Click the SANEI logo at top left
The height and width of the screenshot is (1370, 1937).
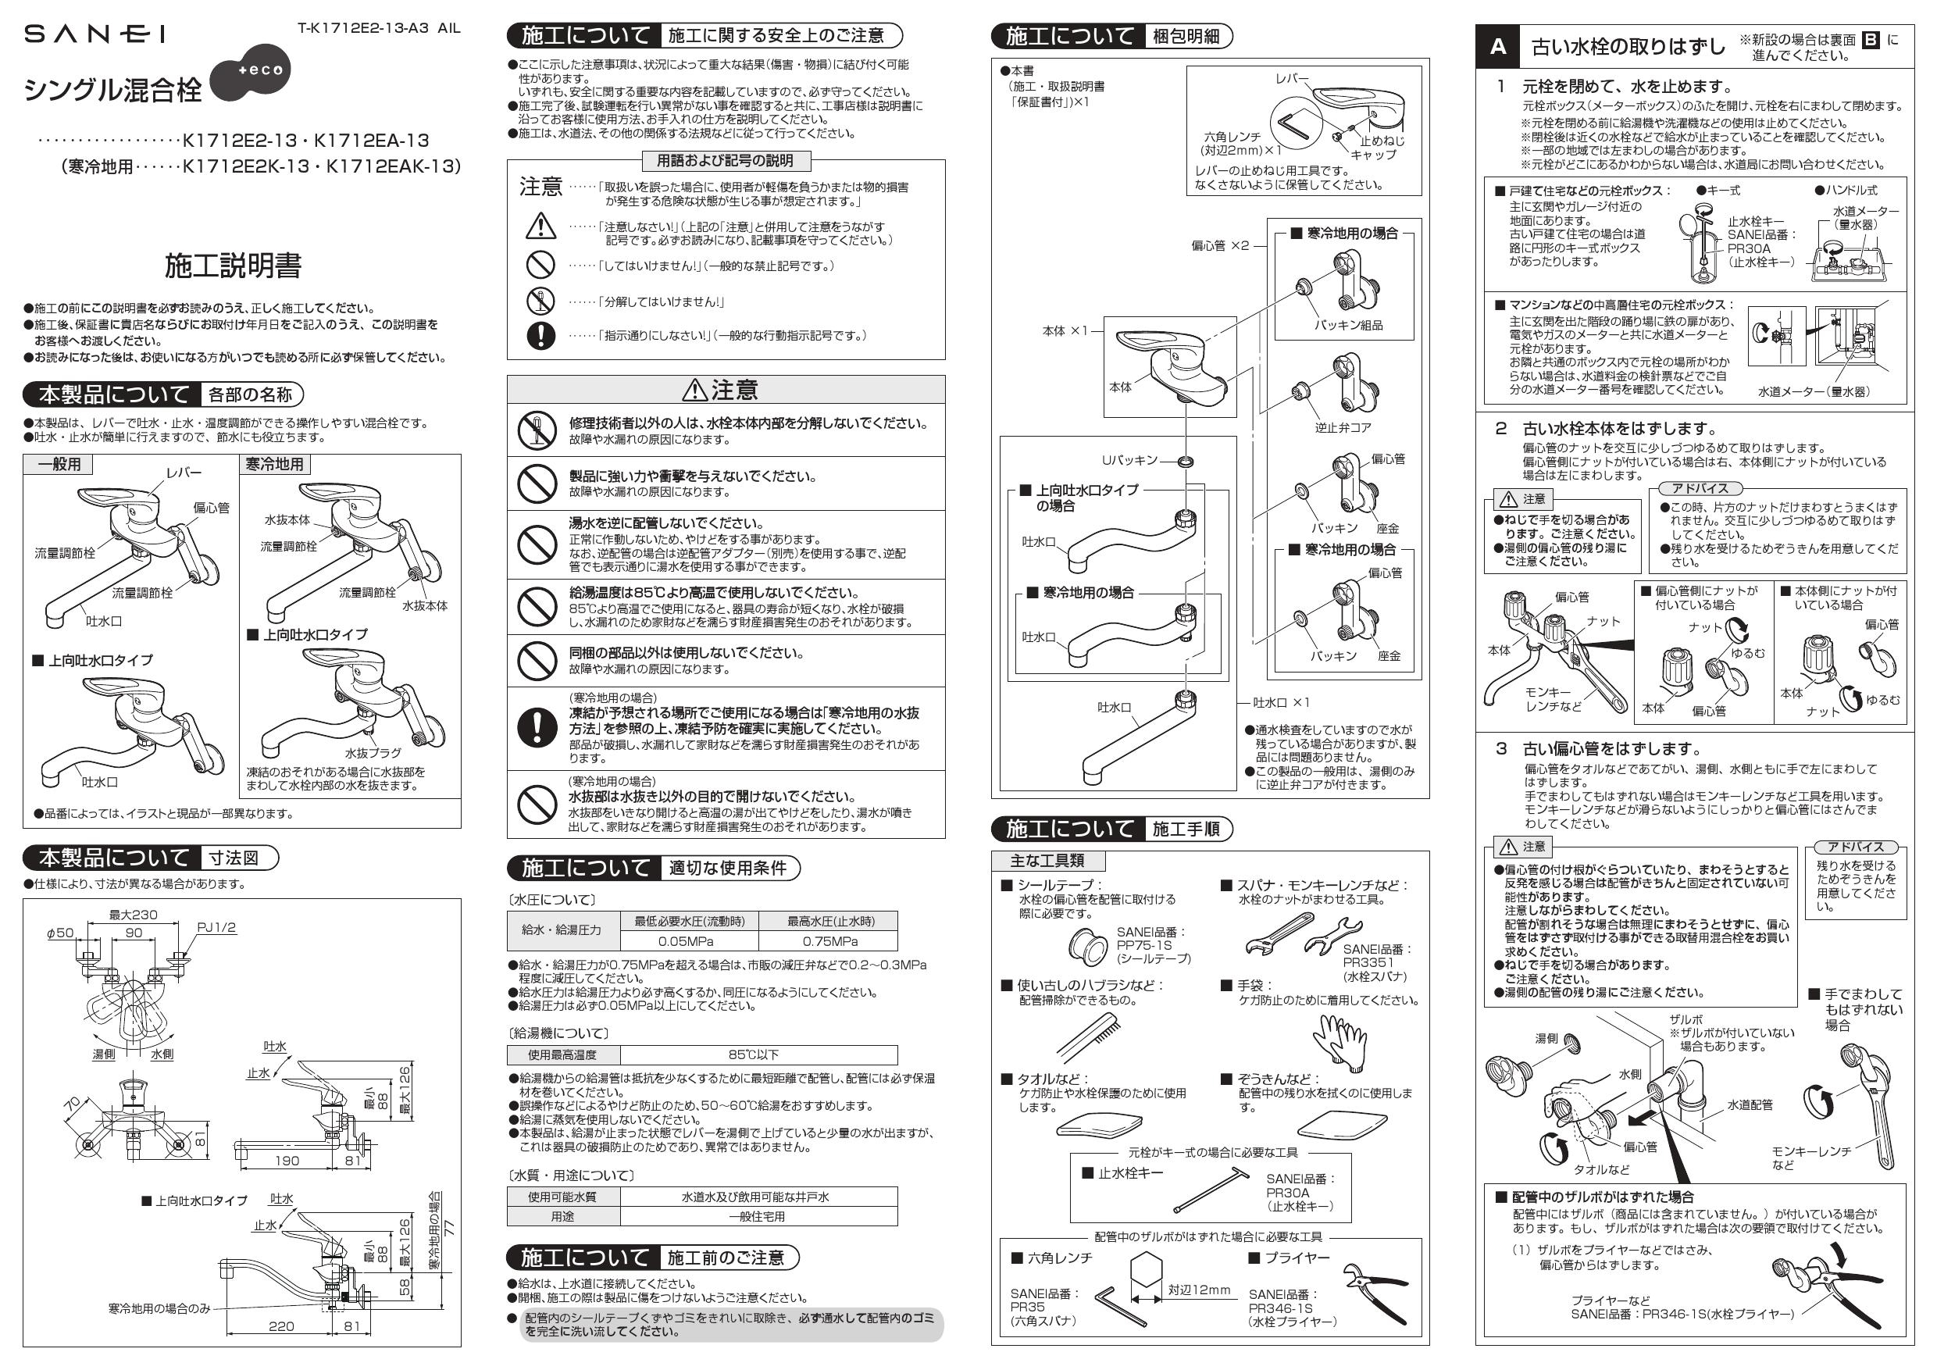pyautogui.click(x=94, y=34)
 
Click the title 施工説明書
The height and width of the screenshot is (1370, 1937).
pyautogui.click(x=233, y=266)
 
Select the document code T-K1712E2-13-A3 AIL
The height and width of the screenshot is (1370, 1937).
pyautogui.click(x=379, y=28)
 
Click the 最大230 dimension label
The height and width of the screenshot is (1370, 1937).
pyautogui.click(x=133, y=915)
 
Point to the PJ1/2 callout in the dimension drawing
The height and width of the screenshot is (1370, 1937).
pyautogui.click(x=216, y=928)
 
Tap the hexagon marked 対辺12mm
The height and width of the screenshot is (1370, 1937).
pyautogui.click(x=1145, y=1276)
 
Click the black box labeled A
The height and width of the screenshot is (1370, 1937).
pyautogui.click(x=1497, y=46)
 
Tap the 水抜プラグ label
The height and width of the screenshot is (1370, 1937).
pyautogui.click(x=372, y=752)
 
